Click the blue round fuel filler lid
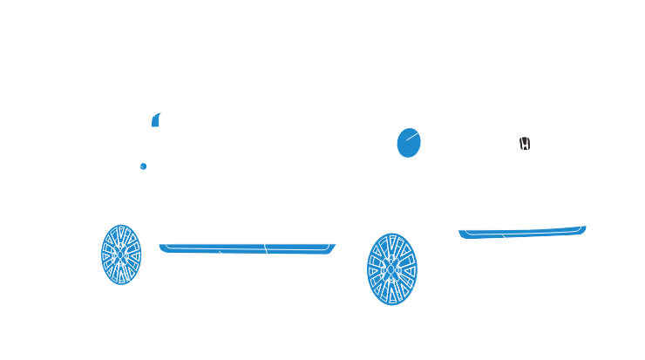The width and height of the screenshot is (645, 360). point(409,142)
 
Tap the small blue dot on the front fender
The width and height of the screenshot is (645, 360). point(142,165)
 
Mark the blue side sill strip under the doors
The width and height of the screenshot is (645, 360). point(244,248)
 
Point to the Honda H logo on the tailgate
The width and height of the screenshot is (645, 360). point(525,144)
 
